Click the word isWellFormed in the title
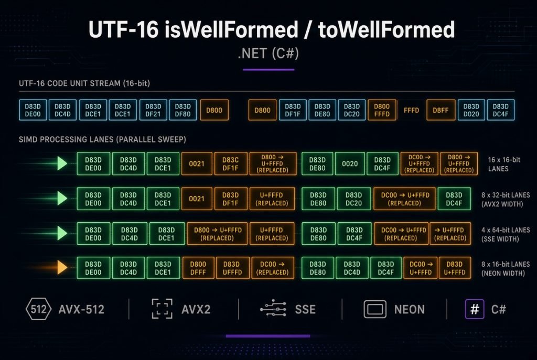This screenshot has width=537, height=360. (231, 29)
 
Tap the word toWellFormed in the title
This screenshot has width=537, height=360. (386, 29)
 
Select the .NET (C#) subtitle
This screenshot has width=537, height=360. (268, 53)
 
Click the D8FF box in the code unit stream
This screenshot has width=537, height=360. (441, 110)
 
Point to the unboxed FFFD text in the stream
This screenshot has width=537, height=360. (411, 110)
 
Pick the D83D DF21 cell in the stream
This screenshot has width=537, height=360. (153, 110)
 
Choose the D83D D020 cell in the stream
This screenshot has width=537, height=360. (471, 110)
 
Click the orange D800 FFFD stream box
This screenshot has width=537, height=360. (382, 110)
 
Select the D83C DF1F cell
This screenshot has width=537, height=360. (231, 164)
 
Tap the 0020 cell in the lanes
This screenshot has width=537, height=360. (350, 164)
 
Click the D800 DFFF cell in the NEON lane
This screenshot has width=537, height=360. (198, 268)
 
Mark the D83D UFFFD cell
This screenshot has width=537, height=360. (232, 268)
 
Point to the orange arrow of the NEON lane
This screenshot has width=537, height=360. (62, 268)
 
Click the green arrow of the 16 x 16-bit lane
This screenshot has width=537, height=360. (62, 163)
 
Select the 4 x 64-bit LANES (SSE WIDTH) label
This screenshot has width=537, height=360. (506, 234)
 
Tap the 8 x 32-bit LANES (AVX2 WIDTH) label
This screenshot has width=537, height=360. (506, 200)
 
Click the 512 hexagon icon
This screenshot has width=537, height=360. (38, 309)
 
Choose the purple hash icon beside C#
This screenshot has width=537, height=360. (474, 309)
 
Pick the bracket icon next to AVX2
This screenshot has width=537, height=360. (162, 309)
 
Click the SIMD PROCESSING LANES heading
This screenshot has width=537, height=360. (102, 139)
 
